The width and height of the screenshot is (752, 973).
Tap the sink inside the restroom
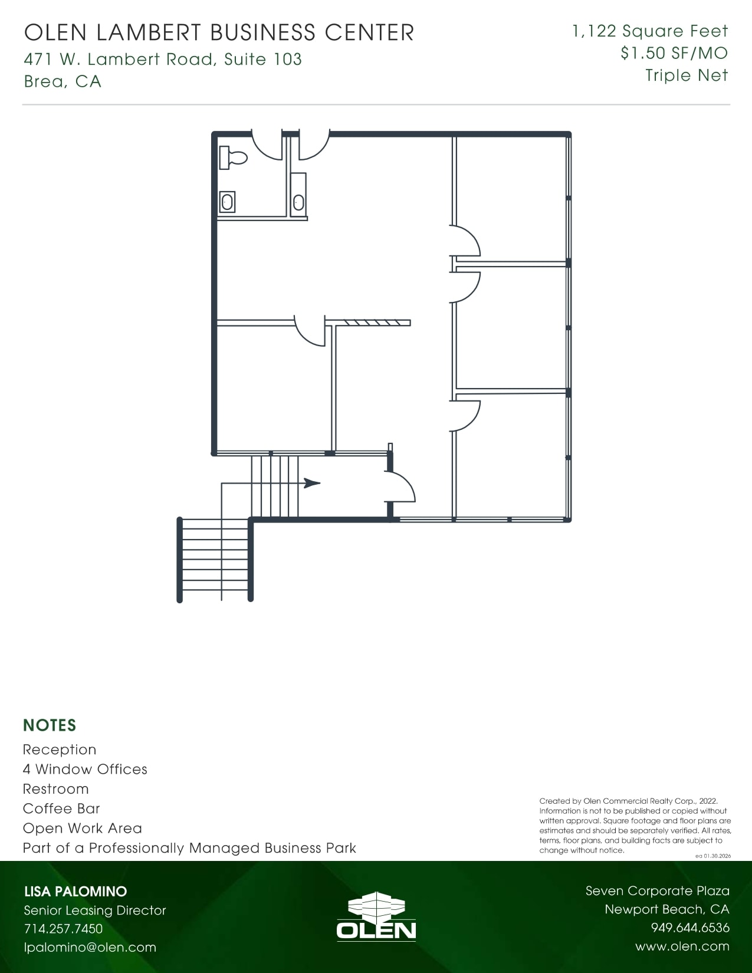click(227, 202)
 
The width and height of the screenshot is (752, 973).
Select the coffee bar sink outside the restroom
click(298, 202)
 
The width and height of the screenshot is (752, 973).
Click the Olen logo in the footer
click(376, 915)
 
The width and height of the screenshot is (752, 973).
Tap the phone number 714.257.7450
click(63, 929)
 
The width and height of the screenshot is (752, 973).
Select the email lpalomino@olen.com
click(90, 948)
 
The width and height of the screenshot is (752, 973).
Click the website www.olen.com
click(682, 946)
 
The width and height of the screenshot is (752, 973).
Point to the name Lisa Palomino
click(75, 892)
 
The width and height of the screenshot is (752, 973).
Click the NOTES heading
click(50, 725)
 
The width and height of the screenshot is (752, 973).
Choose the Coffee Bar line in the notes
click(61, 808)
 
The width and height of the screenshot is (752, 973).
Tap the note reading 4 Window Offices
click(85, 769)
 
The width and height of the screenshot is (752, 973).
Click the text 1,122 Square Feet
click(650, 31)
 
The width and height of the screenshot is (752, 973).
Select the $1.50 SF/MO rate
click(674, 53)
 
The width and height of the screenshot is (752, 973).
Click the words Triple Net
click(687, 75)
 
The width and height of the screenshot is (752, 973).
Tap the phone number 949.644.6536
click(690, 928)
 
